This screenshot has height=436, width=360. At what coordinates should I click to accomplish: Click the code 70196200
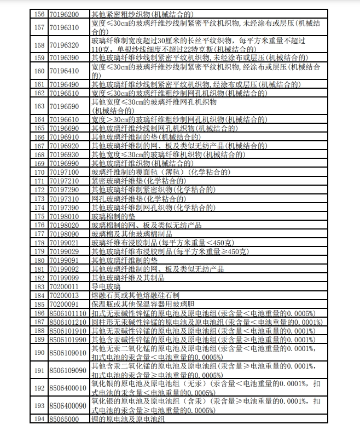(x=64, y=13)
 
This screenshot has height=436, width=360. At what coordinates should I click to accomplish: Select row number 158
(x=39, y=45)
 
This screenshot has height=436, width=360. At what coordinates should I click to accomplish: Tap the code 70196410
(x=64, y=71)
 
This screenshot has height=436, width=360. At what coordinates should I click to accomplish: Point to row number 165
(x=39, y=128)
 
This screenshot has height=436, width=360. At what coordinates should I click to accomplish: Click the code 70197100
(x=64, y=171)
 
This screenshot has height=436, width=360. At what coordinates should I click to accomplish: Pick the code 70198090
(x=64, y=234)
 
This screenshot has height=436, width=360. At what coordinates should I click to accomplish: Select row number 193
(x=39, y=405)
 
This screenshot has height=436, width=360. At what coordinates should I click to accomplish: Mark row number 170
(x=39, y=171)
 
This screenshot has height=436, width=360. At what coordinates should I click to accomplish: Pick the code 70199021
(x=64, y=243)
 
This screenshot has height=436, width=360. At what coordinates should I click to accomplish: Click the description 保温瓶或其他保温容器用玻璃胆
(x=143, y=304)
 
